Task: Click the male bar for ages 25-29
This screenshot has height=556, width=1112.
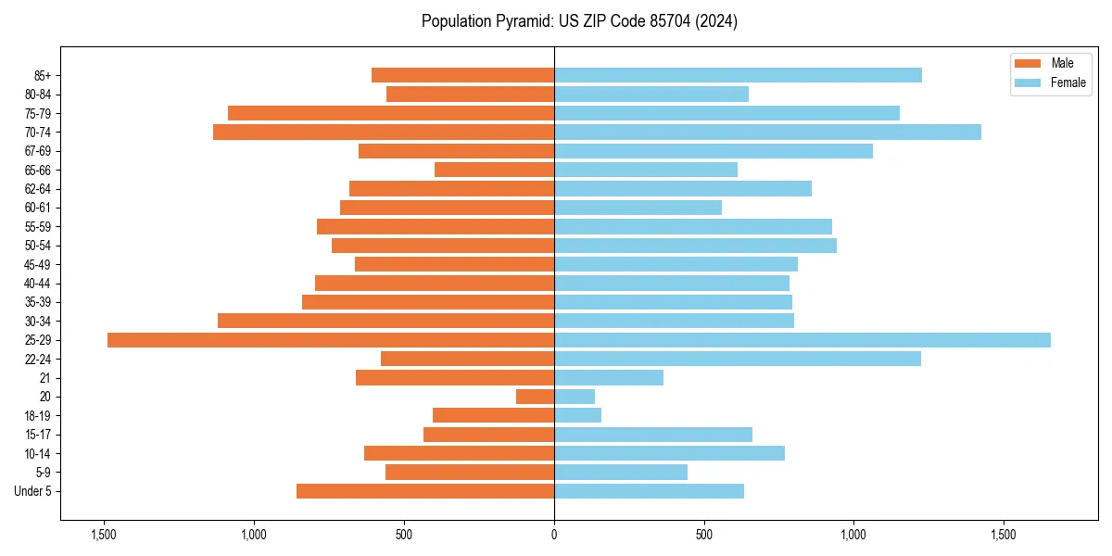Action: [x=331, y=340]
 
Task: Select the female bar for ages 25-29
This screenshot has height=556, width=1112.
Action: [x=802, y=340]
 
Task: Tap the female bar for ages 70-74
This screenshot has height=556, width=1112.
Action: [x=767, y=133]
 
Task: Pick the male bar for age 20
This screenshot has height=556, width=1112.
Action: [x=535, y=397]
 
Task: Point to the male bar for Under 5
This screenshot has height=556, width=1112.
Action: [x=425, y=491]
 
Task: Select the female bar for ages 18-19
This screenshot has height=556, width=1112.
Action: [x=577, y=415]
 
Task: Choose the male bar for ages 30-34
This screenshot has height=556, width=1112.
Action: [x=385, y=321]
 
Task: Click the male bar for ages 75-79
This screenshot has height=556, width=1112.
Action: [x=391, y=113]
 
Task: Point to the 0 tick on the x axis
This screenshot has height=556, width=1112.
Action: [x=554, y=535]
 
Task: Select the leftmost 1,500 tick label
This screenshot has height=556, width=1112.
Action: [x=104, y=535]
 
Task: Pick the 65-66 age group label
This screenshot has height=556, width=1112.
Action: [x=38, y=170]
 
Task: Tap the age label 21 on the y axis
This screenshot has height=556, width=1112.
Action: [x=44, y=378]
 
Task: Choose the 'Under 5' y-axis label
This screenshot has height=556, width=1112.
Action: [x=33, y=491]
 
